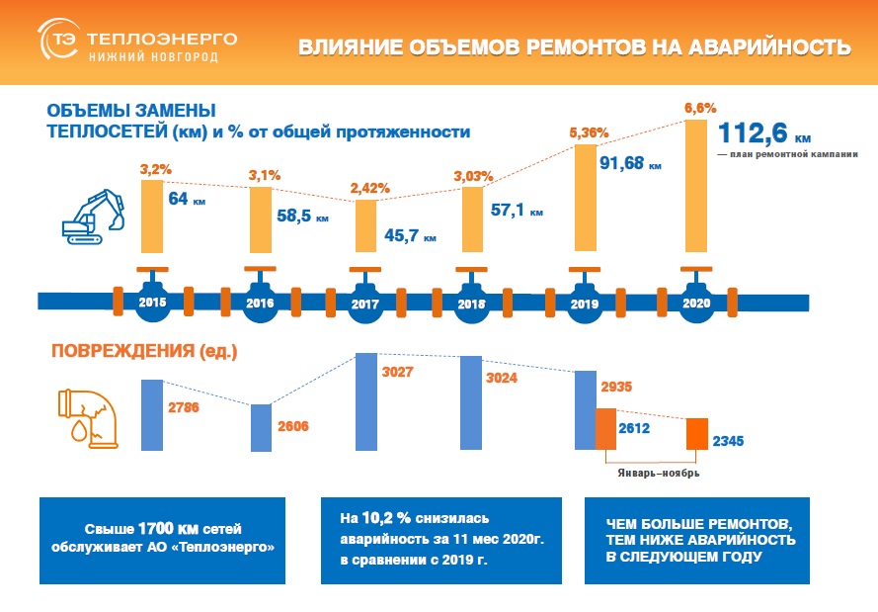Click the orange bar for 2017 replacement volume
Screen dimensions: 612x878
coord(364,227)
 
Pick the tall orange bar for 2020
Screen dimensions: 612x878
coord(695,189)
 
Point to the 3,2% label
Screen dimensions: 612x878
coord(151,170)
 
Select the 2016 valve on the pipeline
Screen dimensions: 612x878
coord(260,301)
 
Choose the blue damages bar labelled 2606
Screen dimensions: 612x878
coord(260,425)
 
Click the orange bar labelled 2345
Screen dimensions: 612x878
coord(696,432)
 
